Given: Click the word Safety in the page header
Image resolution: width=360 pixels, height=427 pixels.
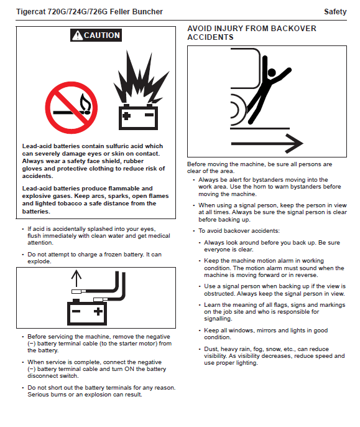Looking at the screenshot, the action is pyautogui.click(x=335, y=12).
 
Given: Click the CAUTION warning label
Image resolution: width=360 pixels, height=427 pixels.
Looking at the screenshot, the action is pyautogui.click(x=96, y=35).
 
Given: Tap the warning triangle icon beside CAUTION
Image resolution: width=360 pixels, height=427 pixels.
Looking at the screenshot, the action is pyautogui.click(x=78, y=35).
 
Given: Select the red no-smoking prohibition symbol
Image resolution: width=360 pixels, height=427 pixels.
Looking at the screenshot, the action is pyautogui.click(x=72, y=108).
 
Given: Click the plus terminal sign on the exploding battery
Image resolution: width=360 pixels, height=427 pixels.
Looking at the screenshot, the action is pyautogui.click(x=127, y=116).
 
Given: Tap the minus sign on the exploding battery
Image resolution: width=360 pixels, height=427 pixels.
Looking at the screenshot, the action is pyautogui.click(x=149, y=115).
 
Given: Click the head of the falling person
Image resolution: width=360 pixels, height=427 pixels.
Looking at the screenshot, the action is pyautogui.click(x=272, y=72).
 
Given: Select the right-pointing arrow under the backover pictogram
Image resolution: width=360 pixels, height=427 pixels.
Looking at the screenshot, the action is pyautogui.click(x=267, y=144).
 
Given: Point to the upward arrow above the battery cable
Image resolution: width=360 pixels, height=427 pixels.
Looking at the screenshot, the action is pyautogui.click(x=76, y=278).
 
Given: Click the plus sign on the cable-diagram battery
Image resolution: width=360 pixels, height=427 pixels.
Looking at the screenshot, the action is pyautogui.click(x=98, y=311).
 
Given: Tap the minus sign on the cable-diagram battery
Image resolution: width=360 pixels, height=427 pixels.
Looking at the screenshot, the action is pyautogui.click(x=76, y=311).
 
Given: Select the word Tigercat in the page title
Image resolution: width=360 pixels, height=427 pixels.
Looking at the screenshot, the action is pyautogui.click(x=30, y=12).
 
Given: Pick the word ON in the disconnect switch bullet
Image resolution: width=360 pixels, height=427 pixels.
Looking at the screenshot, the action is pyautogui.click(x=129, y=369).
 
